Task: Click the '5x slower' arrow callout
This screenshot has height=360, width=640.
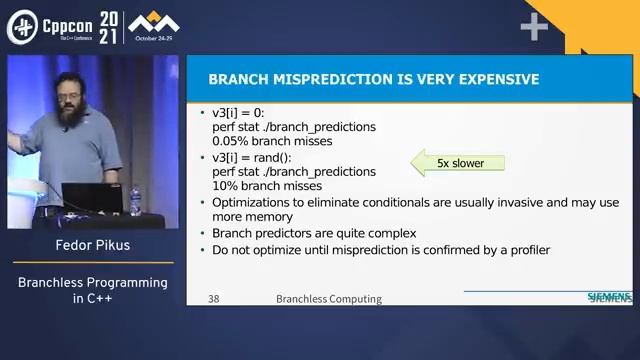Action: tap(458, 162)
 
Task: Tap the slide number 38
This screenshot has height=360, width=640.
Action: tap(214, 299)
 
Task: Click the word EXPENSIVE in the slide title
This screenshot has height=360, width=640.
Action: tap(486, 79)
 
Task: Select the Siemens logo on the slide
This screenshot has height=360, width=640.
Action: tap(608, 298)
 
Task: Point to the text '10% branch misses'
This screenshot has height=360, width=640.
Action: tap(266, 186)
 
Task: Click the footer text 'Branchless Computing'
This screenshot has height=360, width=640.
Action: tap(329, 299)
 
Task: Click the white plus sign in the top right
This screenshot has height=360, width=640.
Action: tap(534, 27)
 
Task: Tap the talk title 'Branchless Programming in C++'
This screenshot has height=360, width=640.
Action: tap(92, 291)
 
